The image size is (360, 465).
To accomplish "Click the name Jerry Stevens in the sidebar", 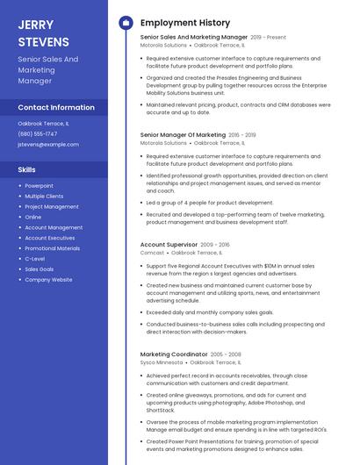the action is [43, 32].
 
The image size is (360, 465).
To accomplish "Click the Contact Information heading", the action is [56, 107].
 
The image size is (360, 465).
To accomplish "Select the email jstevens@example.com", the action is [48, 145].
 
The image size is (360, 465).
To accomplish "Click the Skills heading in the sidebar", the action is [27, 169].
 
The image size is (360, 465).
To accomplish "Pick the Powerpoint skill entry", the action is [39, 186].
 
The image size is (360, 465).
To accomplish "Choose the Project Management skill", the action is [51, 207].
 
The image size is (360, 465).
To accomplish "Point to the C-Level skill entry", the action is [35, 259].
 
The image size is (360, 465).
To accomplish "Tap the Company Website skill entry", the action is [48, 280].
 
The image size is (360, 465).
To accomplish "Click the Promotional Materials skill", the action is [52, 248].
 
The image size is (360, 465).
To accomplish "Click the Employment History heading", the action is [185, 23].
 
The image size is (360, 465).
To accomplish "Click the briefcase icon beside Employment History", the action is [126, 23].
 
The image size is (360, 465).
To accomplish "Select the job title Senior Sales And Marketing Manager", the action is [193, 38].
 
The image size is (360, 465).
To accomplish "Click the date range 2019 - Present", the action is [269, 38].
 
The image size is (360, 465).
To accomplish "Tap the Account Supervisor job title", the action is [169, 245].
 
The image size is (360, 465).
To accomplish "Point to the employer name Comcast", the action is [152, 253].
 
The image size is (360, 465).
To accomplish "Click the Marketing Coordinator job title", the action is [173, 354].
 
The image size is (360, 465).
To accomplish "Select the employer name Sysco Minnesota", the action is [162, 362].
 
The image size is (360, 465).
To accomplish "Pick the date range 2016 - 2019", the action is [241, 135].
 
